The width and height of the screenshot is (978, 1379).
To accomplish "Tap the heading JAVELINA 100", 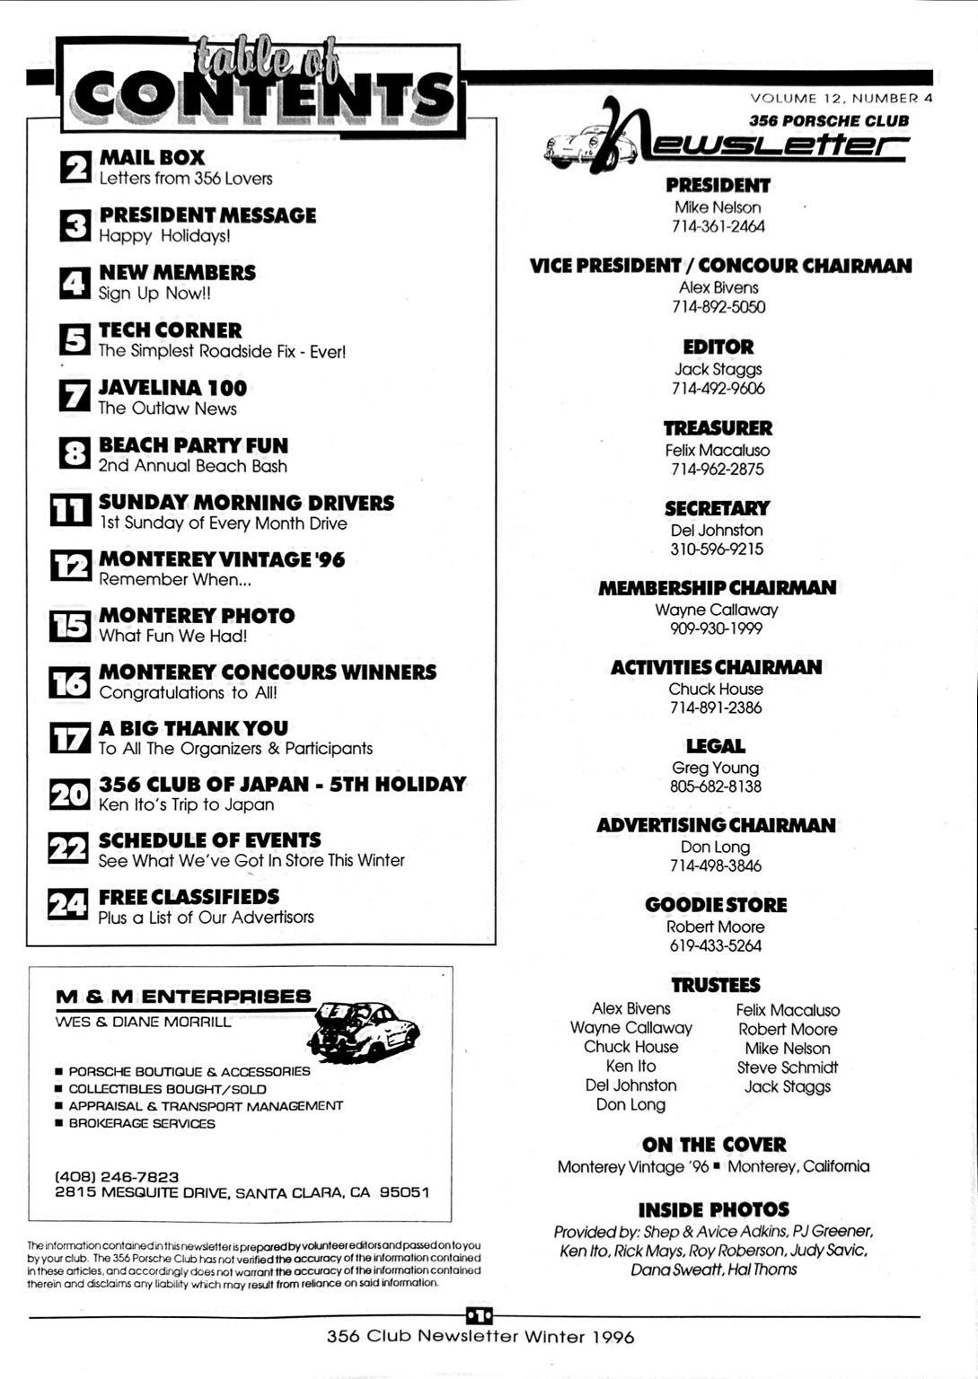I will (x=172, y=388).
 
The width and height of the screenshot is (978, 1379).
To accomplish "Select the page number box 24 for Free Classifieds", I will (x=68, y=904).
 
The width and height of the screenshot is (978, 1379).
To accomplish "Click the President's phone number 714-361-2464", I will (x=718, y=226).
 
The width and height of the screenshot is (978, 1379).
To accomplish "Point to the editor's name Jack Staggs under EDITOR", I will (x=718, y=369).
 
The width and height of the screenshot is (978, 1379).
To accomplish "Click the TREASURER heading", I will (x=718, y=428).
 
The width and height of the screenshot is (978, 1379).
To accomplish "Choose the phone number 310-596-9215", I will (x=717, y=549).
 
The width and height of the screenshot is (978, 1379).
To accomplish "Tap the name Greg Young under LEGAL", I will (x=716, y=768).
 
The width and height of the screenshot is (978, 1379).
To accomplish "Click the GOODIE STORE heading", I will (x=716, y=905).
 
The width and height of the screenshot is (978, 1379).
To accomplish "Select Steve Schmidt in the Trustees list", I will (x=787, y=1067).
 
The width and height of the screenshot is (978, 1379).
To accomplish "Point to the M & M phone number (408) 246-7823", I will (x=117, y=1176).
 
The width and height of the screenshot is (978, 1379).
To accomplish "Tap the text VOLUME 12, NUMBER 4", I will (x=841, y=99).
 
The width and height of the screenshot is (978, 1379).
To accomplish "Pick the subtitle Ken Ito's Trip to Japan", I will (x=186, y=804).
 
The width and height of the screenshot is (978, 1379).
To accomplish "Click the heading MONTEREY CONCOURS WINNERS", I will (x=268, y=672).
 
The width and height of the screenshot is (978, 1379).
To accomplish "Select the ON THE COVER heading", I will (x=714, y=1145).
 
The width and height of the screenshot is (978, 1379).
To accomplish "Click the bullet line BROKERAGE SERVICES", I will (x=142, y=1123).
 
